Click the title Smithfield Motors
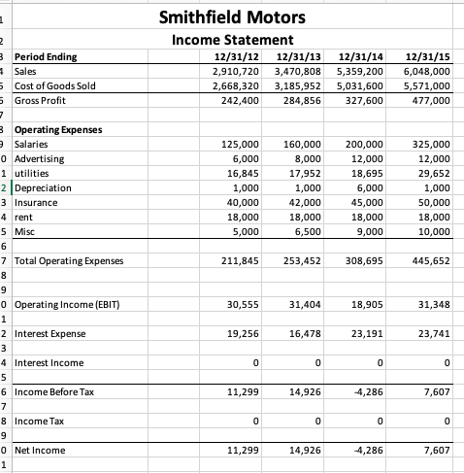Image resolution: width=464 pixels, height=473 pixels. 232,17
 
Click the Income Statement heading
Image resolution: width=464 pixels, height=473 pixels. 232,40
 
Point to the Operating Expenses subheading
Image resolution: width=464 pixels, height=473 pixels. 58,129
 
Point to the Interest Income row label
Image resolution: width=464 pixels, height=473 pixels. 49,362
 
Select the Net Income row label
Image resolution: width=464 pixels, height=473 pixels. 40,450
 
